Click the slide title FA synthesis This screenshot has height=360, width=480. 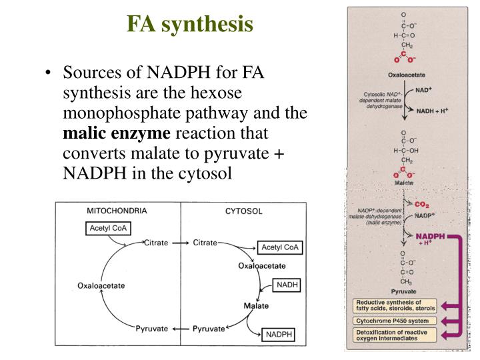(190, 25)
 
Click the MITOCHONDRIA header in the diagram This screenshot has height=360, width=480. (117, 211)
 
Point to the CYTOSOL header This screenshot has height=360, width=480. (244, 211)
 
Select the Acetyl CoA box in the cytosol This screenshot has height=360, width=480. (281, 247)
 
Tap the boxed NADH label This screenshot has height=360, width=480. (287, 285)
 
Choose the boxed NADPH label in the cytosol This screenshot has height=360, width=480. (279, 333)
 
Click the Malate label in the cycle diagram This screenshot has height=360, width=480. (256, 305)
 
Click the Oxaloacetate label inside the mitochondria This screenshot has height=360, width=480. (101, 286)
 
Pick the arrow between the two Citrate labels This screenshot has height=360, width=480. (180, 243)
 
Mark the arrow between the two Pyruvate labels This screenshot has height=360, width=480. (180, 329)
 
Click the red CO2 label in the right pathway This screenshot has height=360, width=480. (421, 205)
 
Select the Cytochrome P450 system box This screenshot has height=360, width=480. (391, 321)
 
